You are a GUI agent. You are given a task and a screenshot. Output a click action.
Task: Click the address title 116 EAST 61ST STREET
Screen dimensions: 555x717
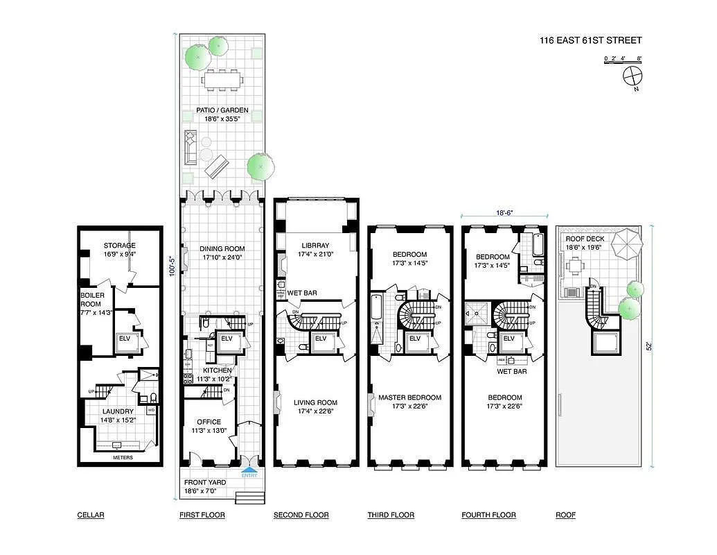[590, 40]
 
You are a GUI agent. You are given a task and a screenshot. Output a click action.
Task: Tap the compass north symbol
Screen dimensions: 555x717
[632, 76]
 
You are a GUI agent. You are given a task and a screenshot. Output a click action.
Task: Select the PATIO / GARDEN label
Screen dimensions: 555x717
[226, 110]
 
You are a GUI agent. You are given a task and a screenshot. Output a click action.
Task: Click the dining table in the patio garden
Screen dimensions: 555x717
[223, 80]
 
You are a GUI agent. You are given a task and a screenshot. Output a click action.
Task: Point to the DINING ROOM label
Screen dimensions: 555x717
[222, 249]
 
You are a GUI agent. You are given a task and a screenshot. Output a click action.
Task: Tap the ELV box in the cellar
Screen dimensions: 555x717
[125, 339]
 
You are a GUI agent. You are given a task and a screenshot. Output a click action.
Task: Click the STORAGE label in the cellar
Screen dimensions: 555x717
[120, 246]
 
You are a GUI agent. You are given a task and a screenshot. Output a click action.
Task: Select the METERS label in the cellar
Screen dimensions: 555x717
[123, 457]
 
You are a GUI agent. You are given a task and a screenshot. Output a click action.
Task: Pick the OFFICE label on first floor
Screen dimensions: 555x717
[209, 422]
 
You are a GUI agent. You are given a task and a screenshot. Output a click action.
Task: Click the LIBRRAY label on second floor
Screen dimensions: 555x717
[315, 246]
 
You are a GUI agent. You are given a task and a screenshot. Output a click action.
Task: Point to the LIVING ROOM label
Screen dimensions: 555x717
[315, 402]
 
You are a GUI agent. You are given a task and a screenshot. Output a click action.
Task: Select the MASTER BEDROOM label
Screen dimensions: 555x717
[409, 398]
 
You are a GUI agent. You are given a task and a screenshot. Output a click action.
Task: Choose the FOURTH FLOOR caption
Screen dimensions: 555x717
[488, 515]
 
